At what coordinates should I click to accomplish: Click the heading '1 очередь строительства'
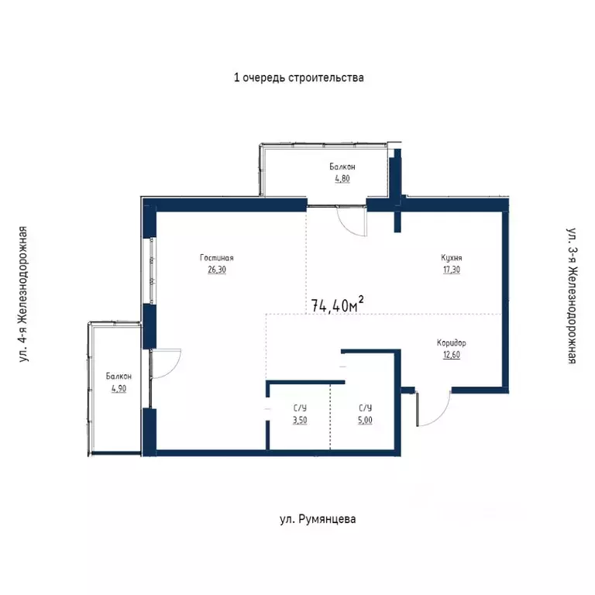coord(298,77)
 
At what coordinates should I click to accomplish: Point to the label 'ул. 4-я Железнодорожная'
coord(24,294)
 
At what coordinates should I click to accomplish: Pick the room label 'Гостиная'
coord(216,258)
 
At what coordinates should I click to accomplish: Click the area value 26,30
coord(216,270)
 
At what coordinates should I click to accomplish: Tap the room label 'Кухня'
coord(452,258)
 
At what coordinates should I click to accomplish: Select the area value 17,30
coord(452,270)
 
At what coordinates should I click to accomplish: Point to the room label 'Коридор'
coord(452,342)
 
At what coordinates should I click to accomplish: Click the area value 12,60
coord(452,355)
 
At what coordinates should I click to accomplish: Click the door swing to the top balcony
coord(353,222)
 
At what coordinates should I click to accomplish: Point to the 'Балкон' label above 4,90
coord(119,377)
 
